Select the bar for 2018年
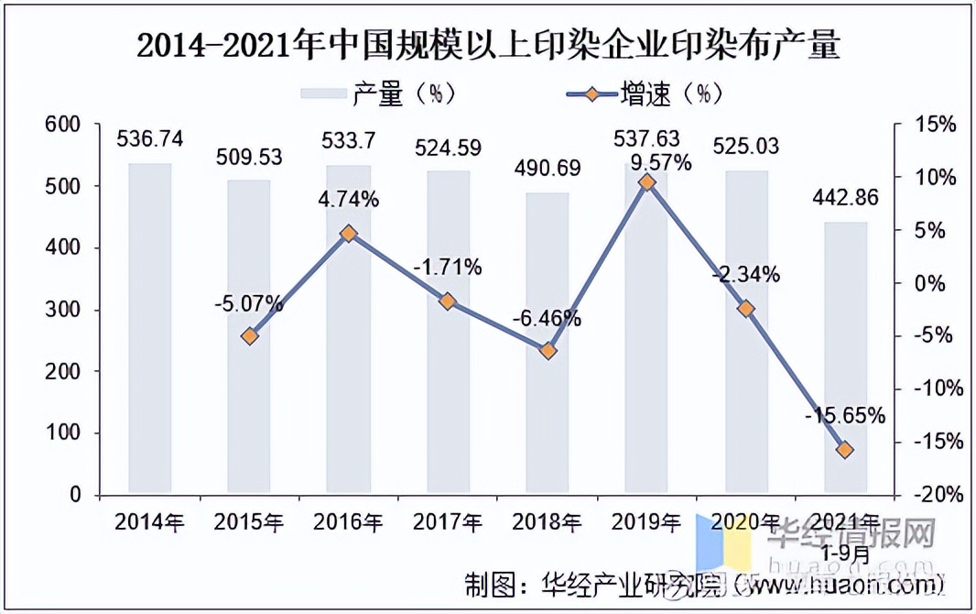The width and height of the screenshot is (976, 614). coord(547,343)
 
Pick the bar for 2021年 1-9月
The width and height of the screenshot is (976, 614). coord(845,357)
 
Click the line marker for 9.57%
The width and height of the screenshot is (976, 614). coord(647,182)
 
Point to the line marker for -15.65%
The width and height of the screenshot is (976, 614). coord(845,449)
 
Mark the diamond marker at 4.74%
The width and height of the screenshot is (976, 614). coord(348,234)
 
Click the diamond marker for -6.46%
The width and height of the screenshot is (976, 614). coord(548,351)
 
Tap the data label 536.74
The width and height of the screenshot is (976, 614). coord(149,139)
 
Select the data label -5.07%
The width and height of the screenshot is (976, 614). coord(249,304)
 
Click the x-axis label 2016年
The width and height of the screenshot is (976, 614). coord(348,522)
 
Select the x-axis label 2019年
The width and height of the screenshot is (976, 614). coord(646,522)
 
